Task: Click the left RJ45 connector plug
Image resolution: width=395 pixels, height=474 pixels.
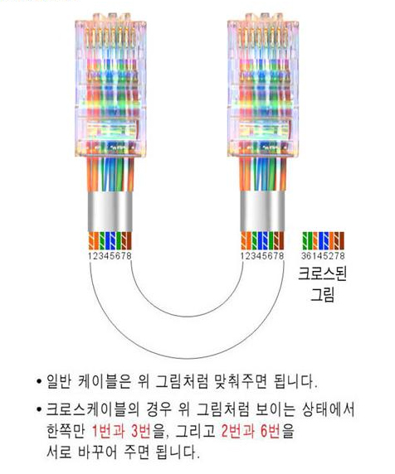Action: coord(110,85)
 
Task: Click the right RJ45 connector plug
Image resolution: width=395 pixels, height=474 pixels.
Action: coord(263,85)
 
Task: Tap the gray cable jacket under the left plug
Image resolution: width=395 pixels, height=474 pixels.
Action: coord(110,211)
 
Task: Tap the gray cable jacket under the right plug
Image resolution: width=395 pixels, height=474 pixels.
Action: coord(263,211)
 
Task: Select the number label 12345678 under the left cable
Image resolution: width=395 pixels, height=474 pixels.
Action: coord(110,256)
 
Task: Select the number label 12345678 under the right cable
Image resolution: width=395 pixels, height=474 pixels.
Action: coord(262,256)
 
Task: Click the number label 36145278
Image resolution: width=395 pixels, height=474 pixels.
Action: coord(323,256)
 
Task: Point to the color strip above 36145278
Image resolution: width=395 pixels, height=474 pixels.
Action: coord(324,241)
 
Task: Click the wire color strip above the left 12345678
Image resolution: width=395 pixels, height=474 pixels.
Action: coord(110,241)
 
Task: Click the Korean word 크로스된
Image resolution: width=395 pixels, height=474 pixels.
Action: coord(322,273)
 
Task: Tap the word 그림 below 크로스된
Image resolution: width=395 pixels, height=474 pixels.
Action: coord(323,294)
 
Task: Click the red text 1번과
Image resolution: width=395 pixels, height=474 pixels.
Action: coord(108,431)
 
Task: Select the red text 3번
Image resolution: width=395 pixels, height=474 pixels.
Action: coord(141,431)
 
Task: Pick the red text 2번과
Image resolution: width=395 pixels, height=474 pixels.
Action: coord(237,431)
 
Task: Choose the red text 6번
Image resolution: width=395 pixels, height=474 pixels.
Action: coord(271,431)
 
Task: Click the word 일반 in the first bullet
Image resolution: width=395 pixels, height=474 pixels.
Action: coord(59,381)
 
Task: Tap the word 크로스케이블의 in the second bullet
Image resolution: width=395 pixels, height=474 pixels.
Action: coord(93,409)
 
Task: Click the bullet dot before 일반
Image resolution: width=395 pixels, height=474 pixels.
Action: coord(39,381)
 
